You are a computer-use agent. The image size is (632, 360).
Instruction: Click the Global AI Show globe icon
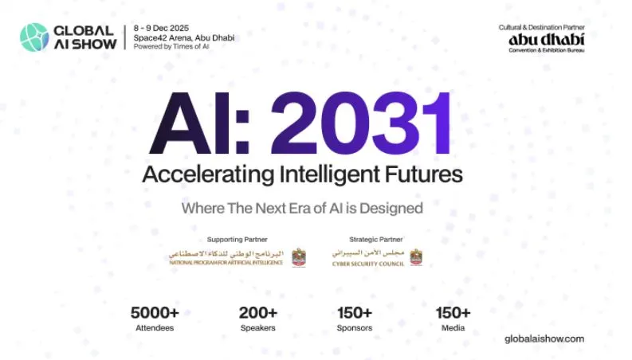coord(33,37)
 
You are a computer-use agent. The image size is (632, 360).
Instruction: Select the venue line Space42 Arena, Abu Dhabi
coord(184,37)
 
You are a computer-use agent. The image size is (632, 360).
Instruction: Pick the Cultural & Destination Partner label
coord(541,27)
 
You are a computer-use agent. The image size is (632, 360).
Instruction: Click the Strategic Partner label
coord(376,239)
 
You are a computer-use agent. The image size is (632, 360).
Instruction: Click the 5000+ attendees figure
coord(154,313)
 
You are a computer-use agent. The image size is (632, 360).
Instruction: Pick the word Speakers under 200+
coord(257,328)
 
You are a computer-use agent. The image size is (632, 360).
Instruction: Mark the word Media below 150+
coord(453,328)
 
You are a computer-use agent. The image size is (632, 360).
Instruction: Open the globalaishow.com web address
coord(544,338)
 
